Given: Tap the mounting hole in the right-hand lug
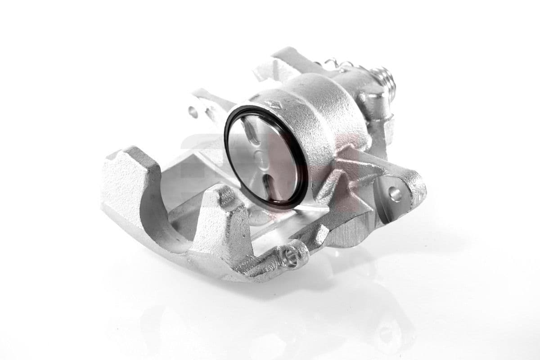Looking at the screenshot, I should point(395,194).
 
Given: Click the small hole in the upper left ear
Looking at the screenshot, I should point(193,112).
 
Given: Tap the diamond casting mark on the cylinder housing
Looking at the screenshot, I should point(274,104).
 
